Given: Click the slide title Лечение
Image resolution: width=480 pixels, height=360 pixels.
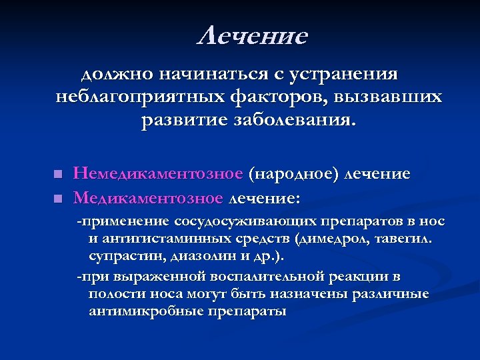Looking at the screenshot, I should [253, 37].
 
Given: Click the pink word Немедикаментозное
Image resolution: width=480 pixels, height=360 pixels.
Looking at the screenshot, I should [158, 174].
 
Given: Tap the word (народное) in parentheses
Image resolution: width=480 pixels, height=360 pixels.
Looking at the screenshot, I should [294, 174].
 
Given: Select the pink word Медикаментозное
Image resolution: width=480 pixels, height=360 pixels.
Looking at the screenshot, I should [147, 197].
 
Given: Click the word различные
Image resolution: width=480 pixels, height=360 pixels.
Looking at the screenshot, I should [390, 294].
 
